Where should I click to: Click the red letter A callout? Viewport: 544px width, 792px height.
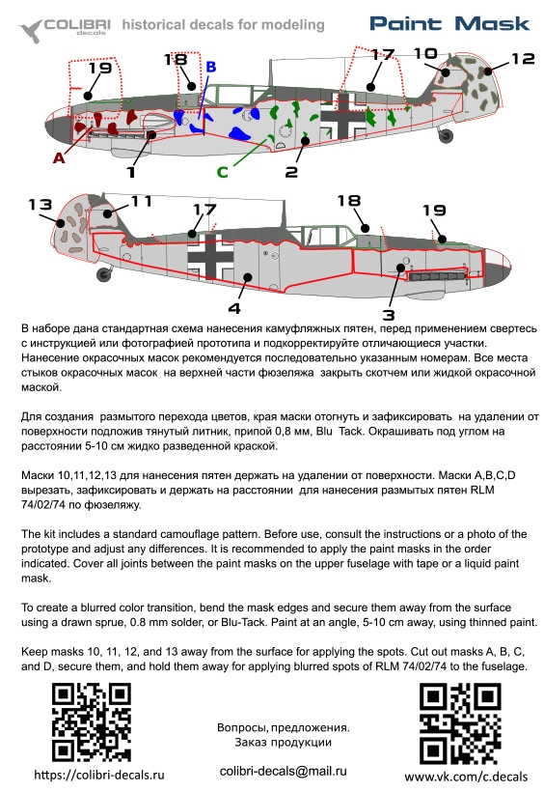point(59,158)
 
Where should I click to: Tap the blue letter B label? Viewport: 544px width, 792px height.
point(211,68)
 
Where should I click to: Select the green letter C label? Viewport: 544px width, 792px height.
point(223,172)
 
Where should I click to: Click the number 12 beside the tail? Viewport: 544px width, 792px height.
point(523,59)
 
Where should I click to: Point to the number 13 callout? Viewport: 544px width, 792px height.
point(41,205)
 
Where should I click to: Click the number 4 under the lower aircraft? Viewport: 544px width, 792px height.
point(234,308)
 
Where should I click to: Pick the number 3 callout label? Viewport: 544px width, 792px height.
point(388,315)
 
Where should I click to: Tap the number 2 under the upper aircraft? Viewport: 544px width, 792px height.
point(291,172)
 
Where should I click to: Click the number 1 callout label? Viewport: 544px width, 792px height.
point(131,172)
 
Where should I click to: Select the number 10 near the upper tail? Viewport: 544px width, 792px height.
point(425,53)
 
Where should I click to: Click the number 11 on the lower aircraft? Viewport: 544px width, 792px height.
point(141,202)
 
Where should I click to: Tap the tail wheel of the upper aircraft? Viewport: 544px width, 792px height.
point(447,135)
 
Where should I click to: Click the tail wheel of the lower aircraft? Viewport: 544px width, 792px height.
point(104,273)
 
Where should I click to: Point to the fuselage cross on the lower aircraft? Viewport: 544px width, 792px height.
point(211,257)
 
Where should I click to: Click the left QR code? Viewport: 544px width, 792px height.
point(92,722)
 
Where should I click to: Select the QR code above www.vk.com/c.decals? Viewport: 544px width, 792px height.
point(460,723)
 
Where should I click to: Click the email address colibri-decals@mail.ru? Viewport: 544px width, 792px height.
point(284,772)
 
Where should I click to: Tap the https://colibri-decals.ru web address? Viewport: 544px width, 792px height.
point(99,775)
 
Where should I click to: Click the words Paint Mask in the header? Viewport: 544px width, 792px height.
point(449,24)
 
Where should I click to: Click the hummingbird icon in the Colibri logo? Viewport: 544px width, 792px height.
point(31,30)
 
